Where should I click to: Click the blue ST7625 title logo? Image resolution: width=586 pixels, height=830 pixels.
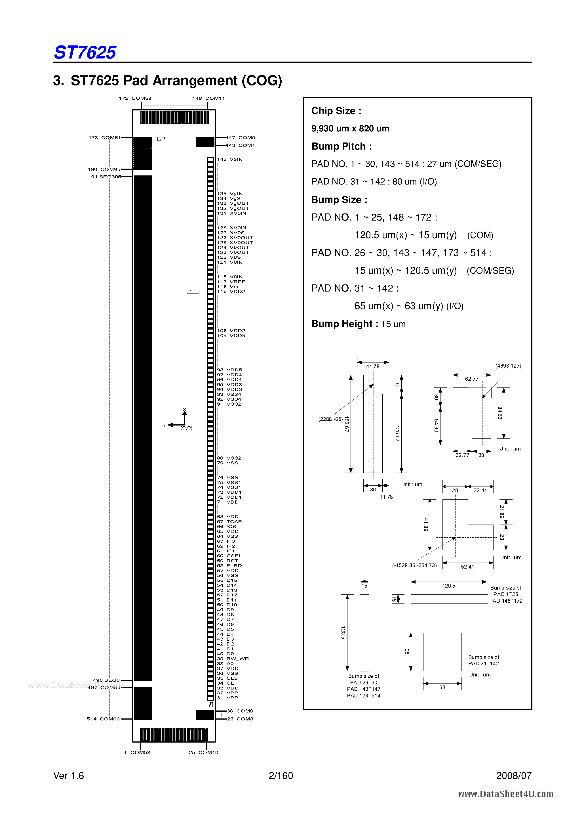coord(85,53)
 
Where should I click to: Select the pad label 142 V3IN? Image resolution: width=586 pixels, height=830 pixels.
coord(230,160)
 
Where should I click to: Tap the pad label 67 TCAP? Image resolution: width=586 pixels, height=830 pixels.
coord(229,522)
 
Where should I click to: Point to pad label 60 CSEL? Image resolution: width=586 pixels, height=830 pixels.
coord(229,556)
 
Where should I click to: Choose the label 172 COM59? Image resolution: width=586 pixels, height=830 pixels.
coord(135,98)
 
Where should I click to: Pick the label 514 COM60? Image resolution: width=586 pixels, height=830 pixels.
coord(103,719)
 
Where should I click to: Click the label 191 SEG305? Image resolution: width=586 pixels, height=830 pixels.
coord(105,177)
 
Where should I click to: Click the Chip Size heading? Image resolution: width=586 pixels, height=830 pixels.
coord(336,111)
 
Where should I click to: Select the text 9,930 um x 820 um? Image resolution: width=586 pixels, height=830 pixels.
coord(350,129)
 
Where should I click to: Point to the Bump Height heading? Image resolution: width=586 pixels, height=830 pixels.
coord(342,324)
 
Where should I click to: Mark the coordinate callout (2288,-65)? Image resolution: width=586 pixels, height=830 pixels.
coord(330,419)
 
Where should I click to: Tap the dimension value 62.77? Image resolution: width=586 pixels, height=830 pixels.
coord(471,379)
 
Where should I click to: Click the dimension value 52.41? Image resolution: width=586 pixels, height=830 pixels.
coord(467,567)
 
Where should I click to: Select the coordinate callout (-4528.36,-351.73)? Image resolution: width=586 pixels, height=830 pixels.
coord(414,565)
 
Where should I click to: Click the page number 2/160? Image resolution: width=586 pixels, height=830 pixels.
coord(281,776)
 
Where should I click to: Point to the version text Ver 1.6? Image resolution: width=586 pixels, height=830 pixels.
coord(69,776)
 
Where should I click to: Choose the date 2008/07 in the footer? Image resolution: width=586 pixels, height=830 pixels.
coord(514,776)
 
